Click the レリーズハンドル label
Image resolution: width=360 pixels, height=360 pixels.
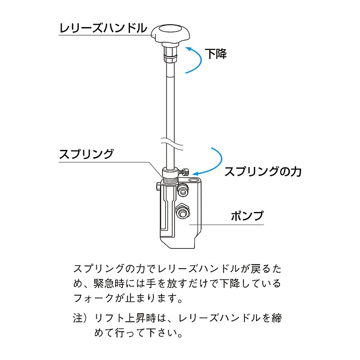(103, 28)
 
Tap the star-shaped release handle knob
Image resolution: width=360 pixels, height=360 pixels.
(171, 34)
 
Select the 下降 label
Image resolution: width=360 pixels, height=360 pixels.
(216, 54)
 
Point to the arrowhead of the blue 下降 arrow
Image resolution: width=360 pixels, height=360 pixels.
(188, 49)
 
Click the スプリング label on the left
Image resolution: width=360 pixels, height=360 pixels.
(86, 154)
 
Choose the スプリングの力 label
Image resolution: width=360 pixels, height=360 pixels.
(263, 171)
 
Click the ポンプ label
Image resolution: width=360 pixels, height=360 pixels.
(247, 216)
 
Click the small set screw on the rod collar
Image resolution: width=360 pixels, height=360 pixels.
(184, 171)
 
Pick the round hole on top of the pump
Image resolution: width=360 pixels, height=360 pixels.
(194, 180)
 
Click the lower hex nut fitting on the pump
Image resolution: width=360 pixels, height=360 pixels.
(183, 211)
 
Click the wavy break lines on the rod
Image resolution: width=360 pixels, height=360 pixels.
(172, 143)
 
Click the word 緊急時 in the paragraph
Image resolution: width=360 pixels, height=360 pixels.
(109, 283)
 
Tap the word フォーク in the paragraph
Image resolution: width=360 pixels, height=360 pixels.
(94, 298)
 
